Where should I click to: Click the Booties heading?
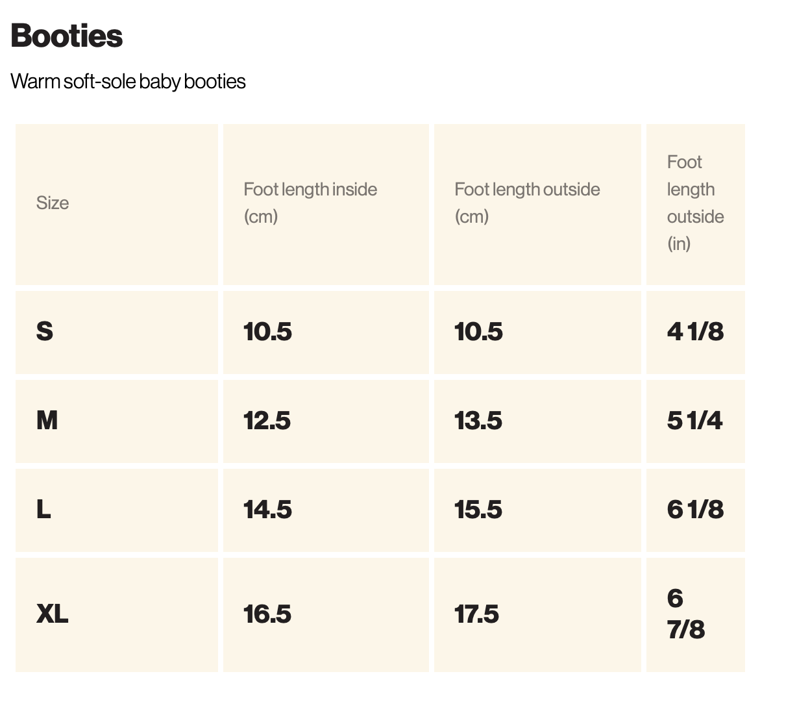[67, 36]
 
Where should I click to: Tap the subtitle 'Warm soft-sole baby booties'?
[128, 82]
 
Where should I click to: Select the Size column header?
[53, 203]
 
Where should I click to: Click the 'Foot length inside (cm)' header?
[310, 203]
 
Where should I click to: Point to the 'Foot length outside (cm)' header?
[527, 203]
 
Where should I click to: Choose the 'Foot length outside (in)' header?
[695, 203]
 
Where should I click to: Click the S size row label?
[45, 332]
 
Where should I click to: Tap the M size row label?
[47, 421]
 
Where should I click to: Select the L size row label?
[43, 510]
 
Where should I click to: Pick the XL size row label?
[52, 614]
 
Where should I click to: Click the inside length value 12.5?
[267, 421]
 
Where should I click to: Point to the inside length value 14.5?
[267, 510]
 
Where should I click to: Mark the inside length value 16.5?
[267, 614]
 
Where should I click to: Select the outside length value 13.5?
[478, 421]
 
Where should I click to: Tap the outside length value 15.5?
[478, 510]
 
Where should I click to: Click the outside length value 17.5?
[476, 614]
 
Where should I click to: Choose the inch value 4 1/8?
[695, 332]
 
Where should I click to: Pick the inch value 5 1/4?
[694, 421]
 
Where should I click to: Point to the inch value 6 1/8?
[695, 510]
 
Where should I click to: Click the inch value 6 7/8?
[686, 614]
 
